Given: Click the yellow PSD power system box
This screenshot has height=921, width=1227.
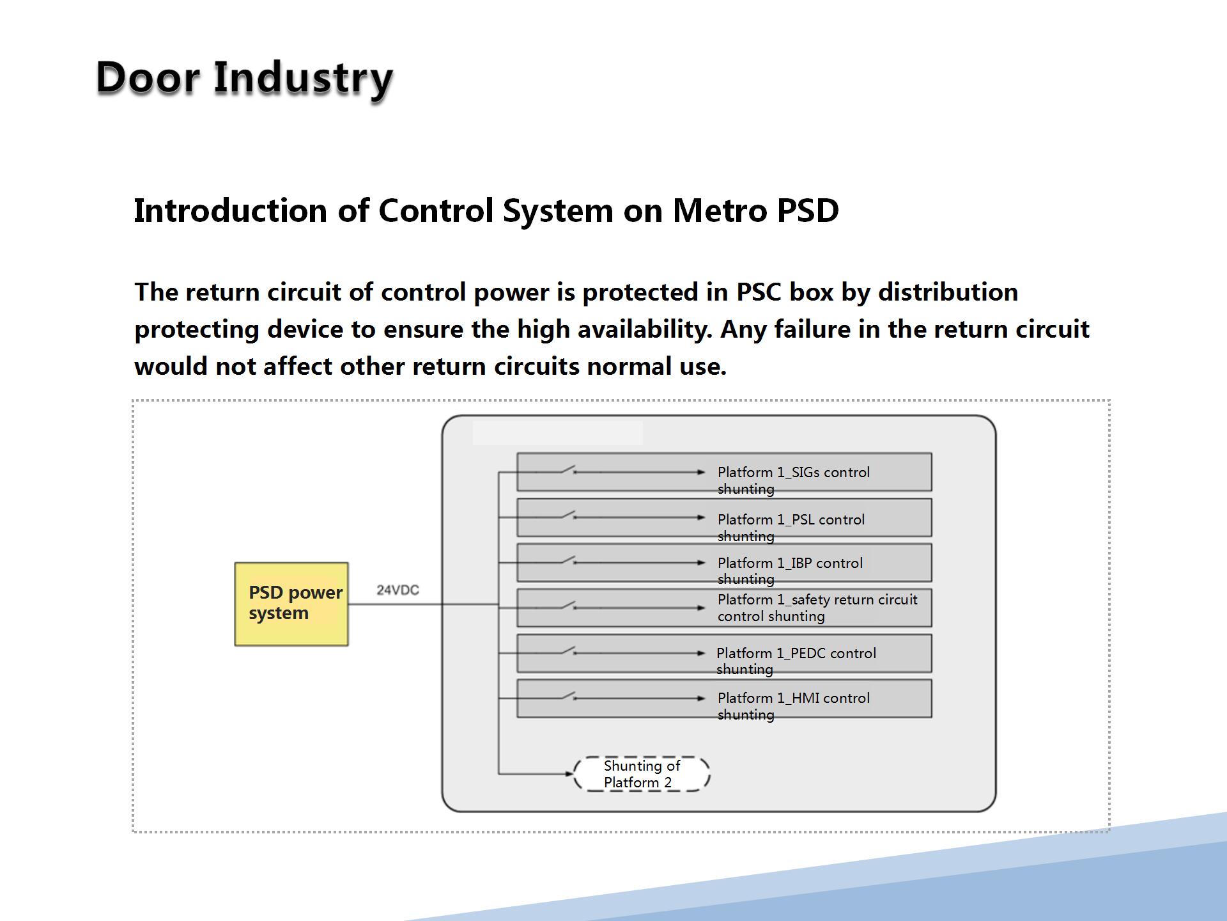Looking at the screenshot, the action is coord(291,604).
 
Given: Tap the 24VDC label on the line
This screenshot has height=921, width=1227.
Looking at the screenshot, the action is coord(397,590).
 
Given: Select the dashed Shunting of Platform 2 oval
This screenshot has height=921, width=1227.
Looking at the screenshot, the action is coord(642,774).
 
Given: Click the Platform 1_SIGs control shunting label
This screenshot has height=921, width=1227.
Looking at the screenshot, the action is coord(794,480).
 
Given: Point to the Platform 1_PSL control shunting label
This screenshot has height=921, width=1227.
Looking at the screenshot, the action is coord(791,528).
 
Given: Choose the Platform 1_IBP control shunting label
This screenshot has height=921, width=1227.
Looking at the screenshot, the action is coord(790,571).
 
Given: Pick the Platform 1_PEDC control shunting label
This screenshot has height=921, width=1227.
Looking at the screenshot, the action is coord(796,661).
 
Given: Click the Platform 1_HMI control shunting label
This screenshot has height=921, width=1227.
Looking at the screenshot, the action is coord(794,706).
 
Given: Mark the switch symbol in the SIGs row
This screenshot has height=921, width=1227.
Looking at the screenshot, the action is coord(569,470).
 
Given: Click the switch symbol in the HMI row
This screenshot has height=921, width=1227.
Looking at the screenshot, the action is coord(569,696).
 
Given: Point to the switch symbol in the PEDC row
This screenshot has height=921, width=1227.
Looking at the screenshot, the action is coord(569,650).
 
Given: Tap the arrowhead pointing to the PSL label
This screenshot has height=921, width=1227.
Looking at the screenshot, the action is coord(702,517).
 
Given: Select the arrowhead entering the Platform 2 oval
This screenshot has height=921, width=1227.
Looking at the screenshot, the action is coord(569,774).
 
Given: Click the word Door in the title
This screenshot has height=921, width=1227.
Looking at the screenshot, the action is coord(147,77).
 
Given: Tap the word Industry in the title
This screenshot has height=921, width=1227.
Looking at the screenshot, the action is coord(303,79).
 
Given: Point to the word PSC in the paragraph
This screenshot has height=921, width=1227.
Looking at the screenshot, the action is coord(759,292).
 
